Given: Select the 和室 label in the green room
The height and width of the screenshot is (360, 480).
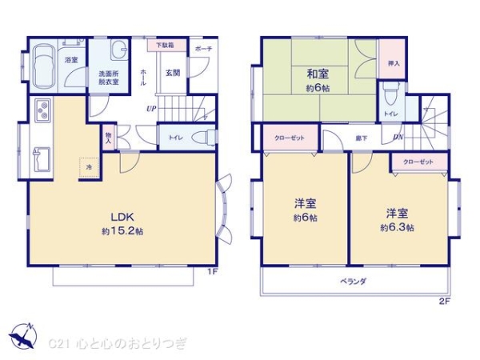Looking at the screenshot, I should coord(317,74).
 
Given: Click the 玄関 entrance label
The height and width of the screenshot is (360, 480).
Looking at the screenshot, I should coord(173,73).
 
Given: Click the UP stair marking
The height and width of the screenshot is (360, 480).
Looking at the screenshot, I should coord(150,108).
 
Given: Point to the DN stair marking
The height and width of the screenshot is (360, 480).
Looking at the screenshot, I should coord(398,138).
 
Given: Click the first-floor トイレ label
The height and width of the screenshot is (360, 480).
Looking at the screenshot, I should coord(175,138).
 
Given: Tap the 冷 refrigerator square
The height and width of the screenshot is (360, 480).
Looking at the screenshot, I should coord(90,167).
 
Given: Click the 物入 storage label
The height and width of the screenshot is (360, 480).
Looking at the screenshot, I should coord(108,138).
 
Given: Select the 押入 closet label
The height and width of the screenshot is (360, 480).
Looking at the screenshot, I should coord(393,63).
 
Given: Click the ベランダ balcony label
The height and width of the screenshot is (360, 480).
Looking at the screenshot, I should coord(353,281).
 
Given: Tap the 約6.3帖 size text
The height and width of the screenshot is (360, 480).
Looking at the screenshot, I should coord(397,227).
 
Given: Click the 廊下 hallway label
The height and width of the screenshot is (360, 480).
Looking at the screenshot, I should coord(361,138).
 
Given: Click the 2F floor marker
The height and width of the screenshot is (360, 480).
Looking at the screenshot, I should coord(445,300).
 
